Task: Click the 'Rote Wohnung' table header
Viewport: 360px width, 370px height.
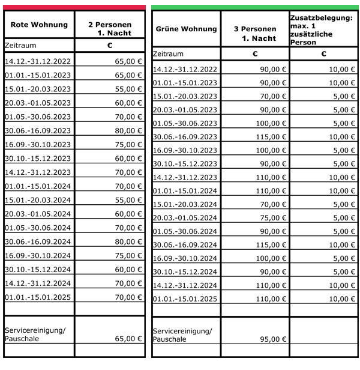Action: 39,25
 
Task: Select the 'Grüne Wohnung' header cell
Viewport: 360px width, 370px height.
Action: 186,29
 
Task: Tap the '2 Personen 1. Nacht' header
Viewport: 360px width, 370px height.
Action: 110,29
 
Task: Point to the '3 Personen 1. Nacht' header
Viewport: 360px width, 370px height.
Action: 259,33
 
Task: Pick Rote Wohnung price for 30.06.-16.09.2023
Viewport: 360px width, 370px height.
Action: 128,130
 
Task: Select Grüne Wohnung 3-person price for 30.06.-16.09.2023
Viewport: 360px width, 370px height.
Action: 274,137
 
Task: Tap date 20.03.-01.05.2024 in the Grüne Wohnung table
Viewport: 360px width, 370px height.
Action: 185,217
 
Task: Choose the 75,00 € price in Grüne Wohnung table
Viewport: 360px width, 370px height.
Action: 274,217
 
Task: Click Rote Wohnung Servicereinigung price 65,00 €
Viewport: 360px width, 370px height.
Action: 128,338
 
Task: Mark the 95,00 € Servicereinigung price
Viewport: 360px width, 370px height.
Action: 274,339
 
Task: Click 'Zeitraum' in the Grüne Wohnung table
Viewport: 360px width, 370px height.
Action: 168,54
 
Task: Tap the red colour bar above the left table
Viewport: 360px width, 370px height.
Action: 74,7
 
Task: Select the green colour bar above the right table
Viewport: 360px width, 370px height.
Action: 255,7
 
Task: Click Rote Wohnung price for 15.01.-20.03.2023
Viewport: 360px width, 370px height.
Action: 128,89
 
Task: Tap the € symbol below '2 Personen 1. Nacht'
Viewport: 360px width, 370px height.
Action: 110,45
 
